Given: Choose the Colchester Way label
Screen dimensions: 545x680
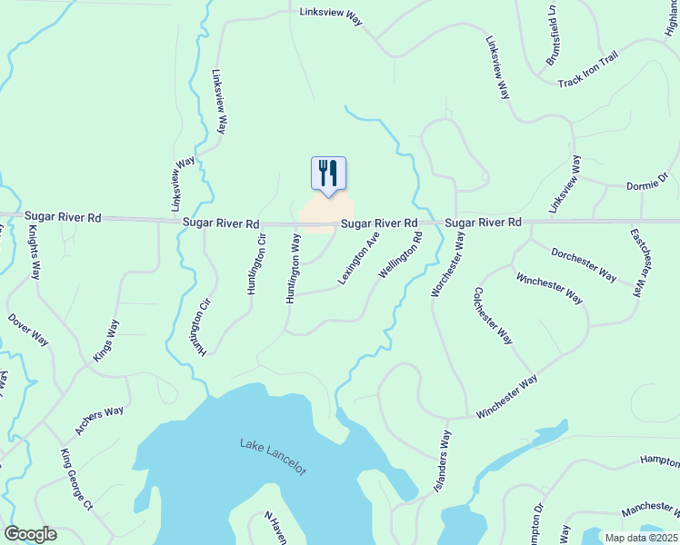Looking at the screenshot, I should click(x=492, y=317).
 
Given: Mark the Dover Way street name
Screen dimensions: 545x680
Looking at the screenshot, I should click(x=28, y=331).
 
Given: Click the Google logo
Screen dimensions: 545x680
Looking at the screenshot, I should click(x=30, y=534).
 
